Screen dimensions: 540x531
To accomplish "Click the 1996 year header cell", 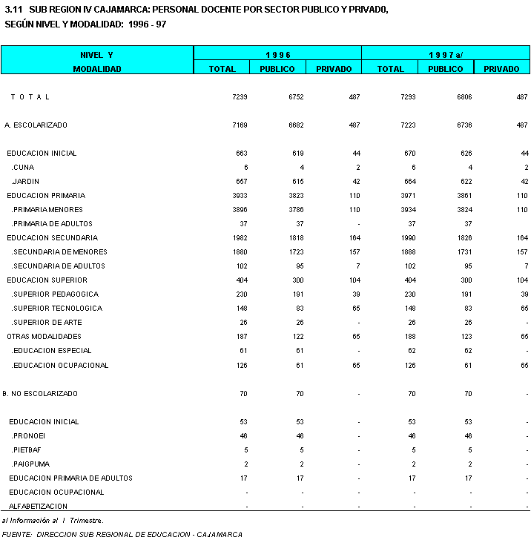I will (x=277, y=54).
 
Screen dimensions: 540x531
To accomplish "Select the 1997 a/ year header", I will (x=446, y=54).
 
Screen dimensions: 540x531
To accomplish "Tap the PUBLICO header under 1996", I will (x=277, y=69).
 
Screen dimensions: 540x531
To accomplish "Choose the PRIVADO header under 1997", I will (x=501, y=69).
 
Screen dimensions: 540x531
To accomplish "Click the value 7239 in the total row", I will (x=239, y=97).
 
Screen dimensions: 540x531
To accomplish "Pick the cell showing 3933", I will (x=239, y=196).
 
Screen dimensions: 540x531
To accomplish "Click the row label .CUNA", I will (x=23, y=168).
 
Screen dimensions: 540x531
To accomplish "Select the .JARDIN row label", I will (x=26, y=182).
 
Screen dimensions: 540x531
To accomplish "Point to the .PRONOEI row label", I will (x=29, y=436).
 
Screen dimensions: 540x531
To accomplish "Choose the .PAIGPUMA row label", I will (x=30, y=464).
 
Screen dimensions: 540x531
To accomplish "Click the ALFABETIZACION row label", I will (x=39, y=507).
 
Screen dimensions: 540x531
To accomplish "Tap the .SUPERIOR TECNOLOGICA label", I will (x=57, y=309).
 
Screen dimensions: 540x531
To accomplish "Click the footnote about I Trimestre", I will (x=53, y=521).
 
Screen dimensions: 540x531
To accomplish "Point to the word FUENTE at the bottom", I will (x=16, y=534).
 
